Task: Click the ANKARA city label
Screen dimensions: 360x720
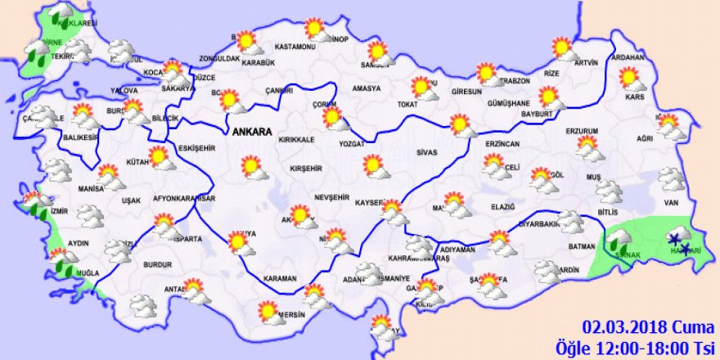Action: point(252,131)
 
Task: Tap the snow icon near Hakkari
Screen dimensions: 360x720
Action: point(678,240)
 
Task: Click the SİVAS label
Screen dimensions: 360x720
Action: point(425,152)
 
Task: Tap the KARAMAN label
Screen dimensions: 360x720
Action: point(280,279)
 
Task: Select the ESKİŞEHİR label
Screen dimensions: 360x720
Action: point(196,148)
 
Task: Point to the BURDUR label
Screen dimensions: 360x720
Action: point(157,265)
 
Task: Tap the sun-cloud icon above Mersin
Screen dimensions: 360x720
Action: point(315,295)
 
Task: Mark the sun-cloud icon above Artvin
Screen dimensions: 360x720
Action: point(563,47)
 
